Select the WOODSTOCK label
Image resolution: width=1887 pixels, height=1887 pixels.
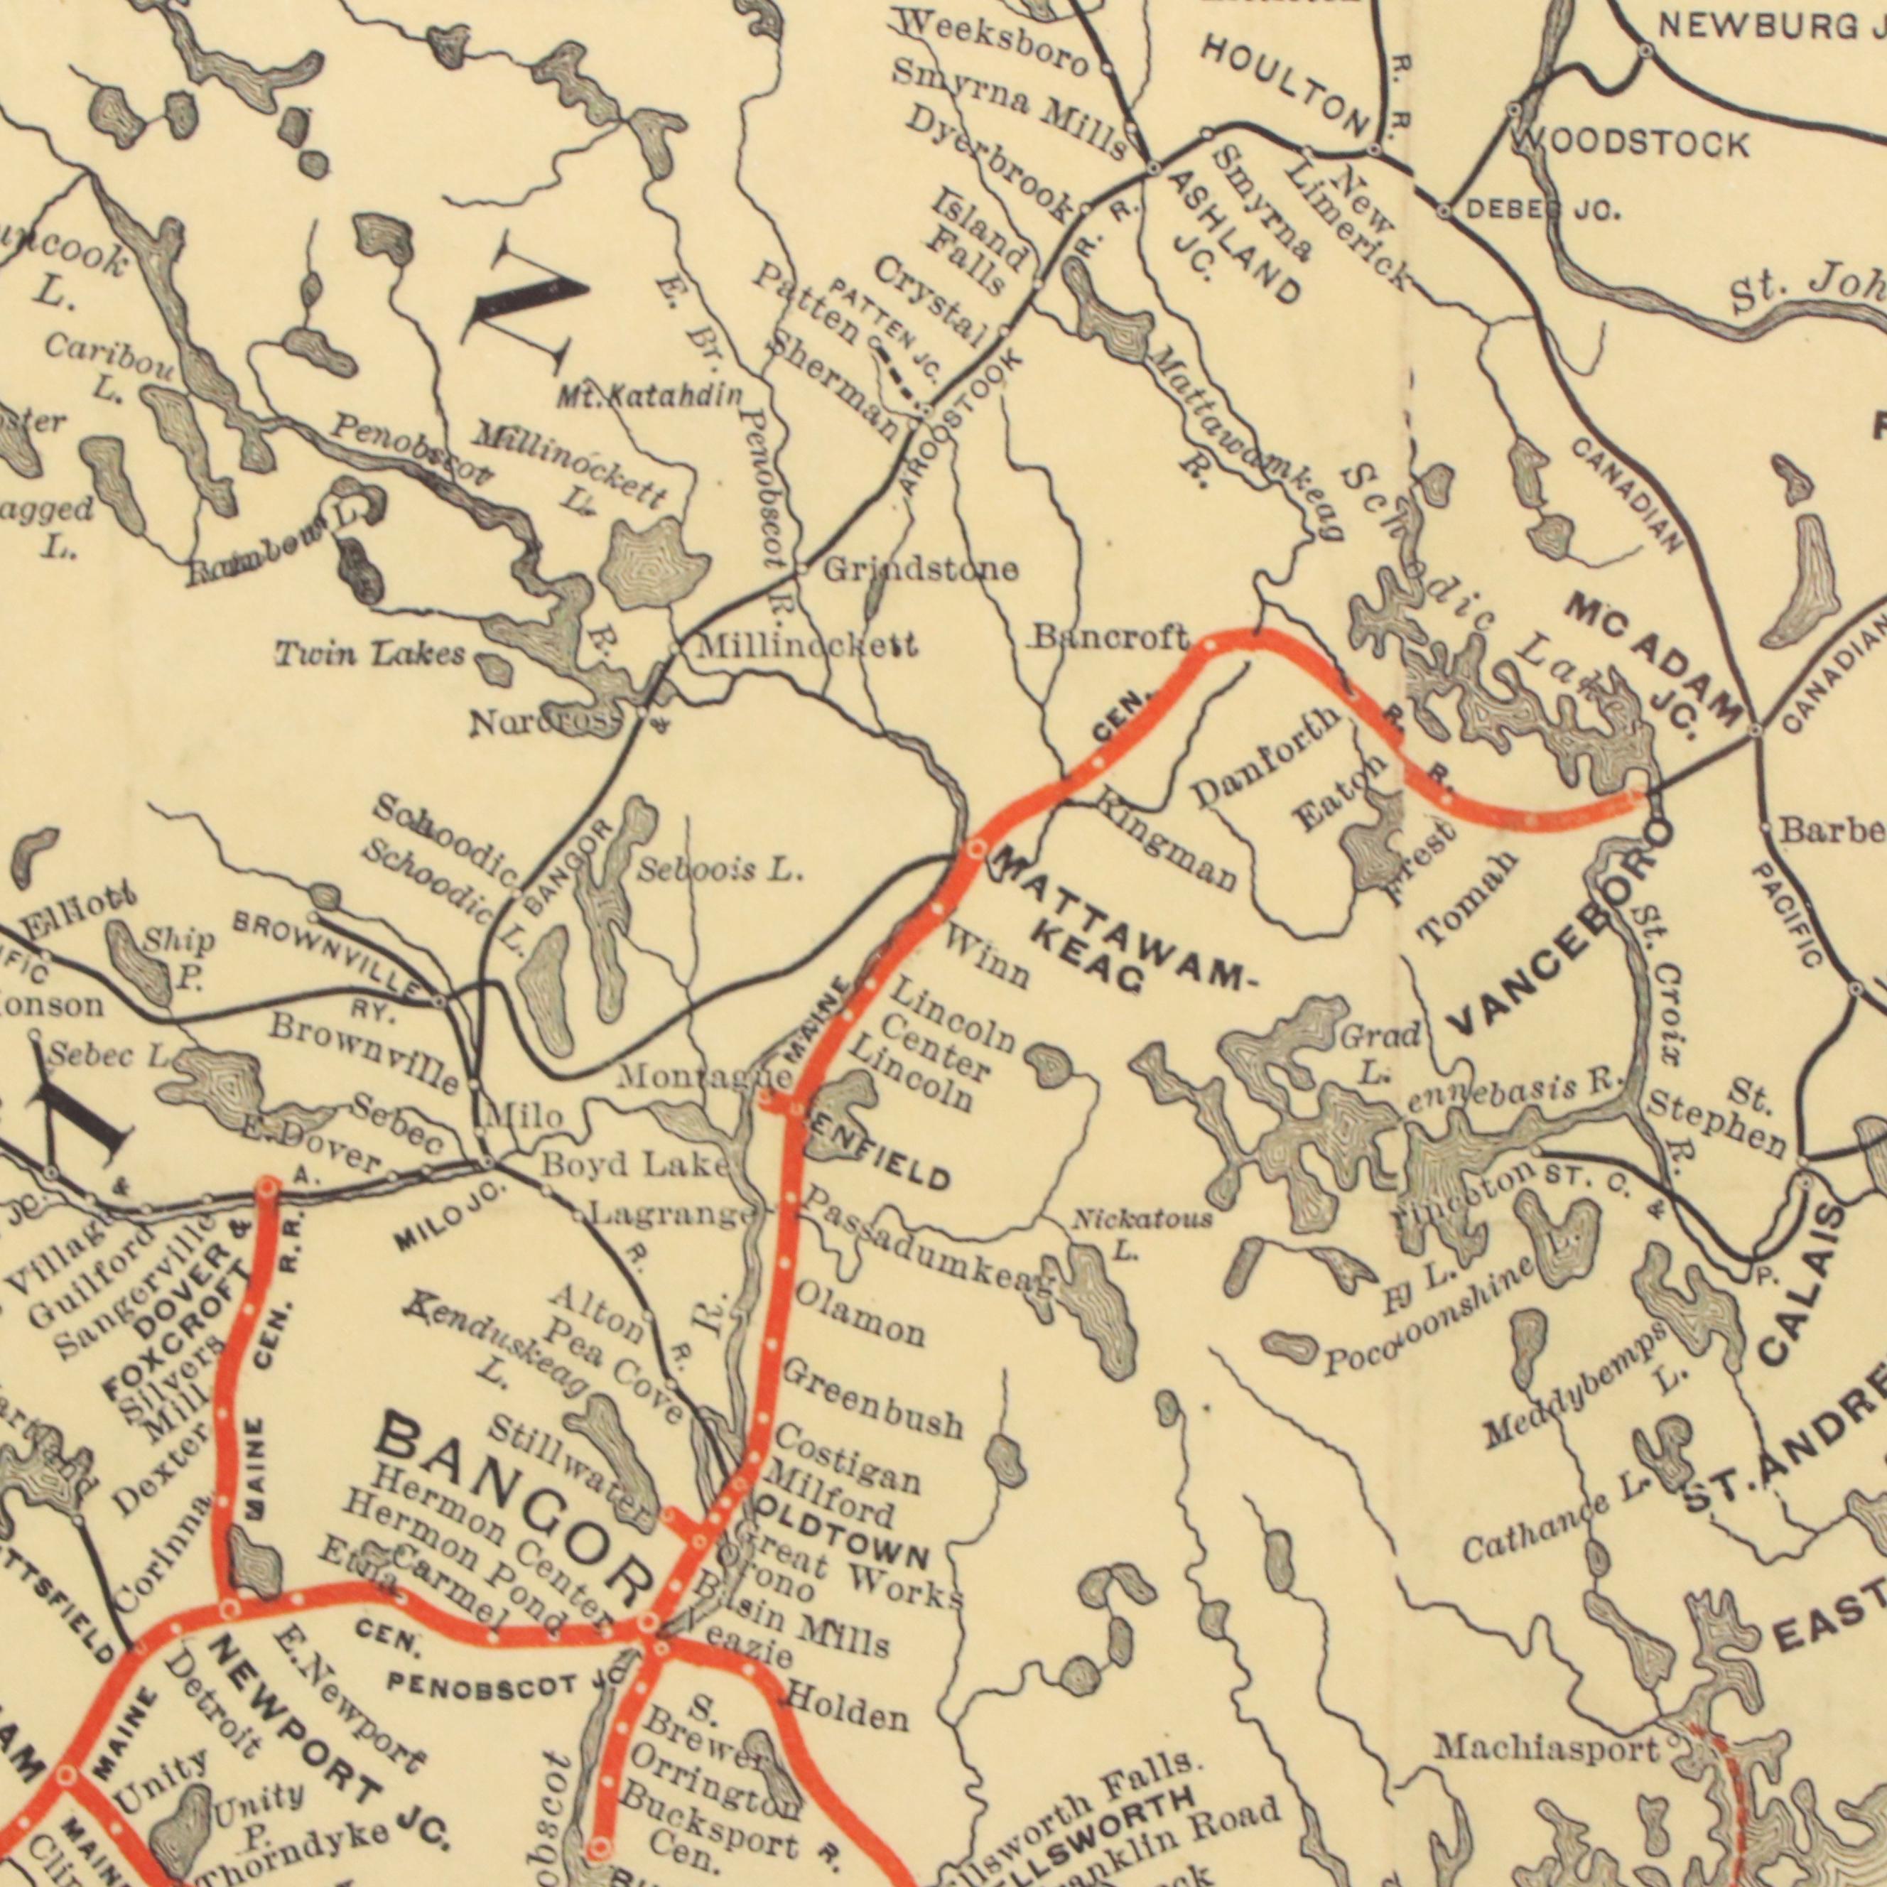pos(1630,144)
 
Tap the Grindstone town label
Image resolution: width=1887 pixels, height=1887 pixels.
pos(920,568)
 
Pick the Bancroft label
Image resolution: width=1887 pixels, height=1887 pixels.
pos(1110,639)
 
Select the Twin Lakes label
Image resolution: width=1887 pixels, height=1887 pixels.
pos(369,654)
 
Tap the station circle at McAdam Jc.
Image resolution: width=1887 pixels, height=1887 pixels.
pos(1754,730)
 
